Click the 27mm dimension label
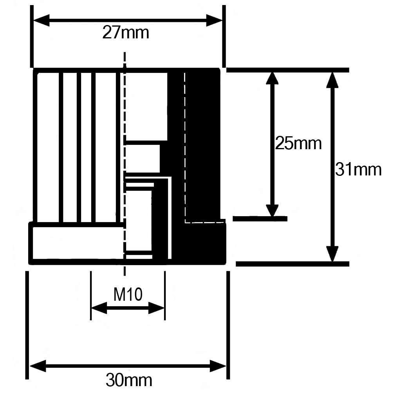click(x=126, y=33)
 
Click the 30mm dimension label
click(x=129, y=379)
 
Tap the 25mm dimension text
click(x=298, y=143)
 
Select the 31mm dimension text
click(x=358, y=170)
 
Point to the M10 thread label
click(x=128, y=294)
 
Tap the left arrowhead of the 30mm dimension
click(x=38, y=367)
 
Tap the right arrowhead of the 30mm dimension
click(x=218, y=367)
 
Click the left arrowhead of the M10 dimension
click(x=98, y=308)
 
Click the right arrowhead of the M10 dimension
click(x=157, y=308)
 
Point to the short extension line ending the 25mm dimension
click(x=260, y=218)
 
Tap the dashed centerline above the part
click(x=125, y=59)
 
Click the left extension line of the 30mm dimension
click(x=27, y=325)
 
